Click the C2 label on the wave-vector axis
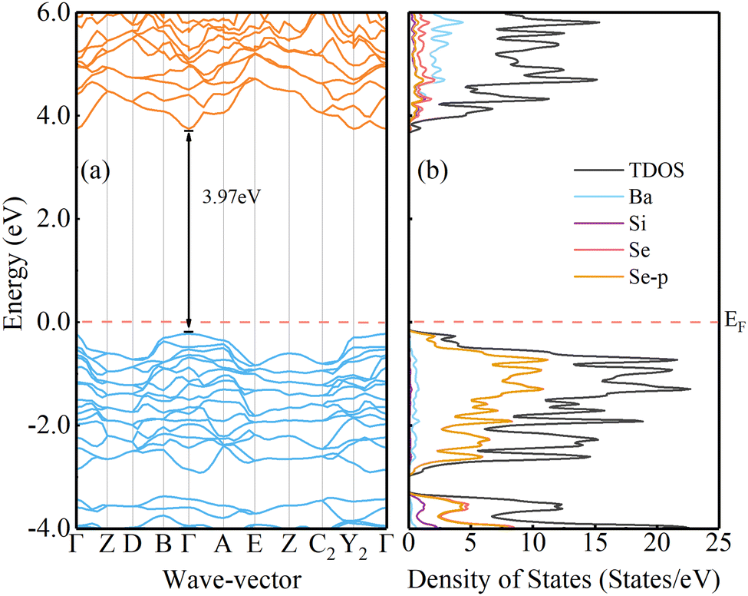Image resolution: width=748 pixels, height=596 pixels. (322, 546)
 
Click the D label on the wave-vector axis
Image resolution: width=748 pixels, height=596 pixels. (132, 545)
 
